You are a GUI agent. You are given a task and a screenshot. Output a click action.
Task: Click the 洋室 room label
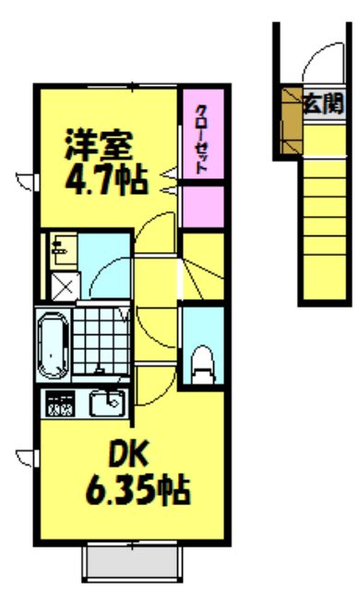click(x=100, y=146)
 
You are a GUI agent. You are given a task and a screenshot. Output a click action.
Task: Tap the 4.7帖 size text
click(x=105, y=177)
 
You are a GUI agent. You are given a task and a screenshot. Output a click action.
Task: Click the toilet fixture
click(x=202, y=363)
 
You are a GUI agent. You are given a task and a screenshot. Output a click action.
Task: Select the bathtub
click(x=54, y=343)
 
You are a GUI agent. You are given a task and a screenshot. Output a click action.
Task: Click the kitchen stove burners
click(x=61, y=404)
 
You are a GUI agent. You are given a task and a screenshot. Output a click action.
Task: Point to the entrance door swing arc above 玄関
click(x=318, y=65)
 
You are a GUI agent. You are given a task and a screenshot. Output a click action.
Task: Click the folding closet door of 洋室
click(x=170, y=179)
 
